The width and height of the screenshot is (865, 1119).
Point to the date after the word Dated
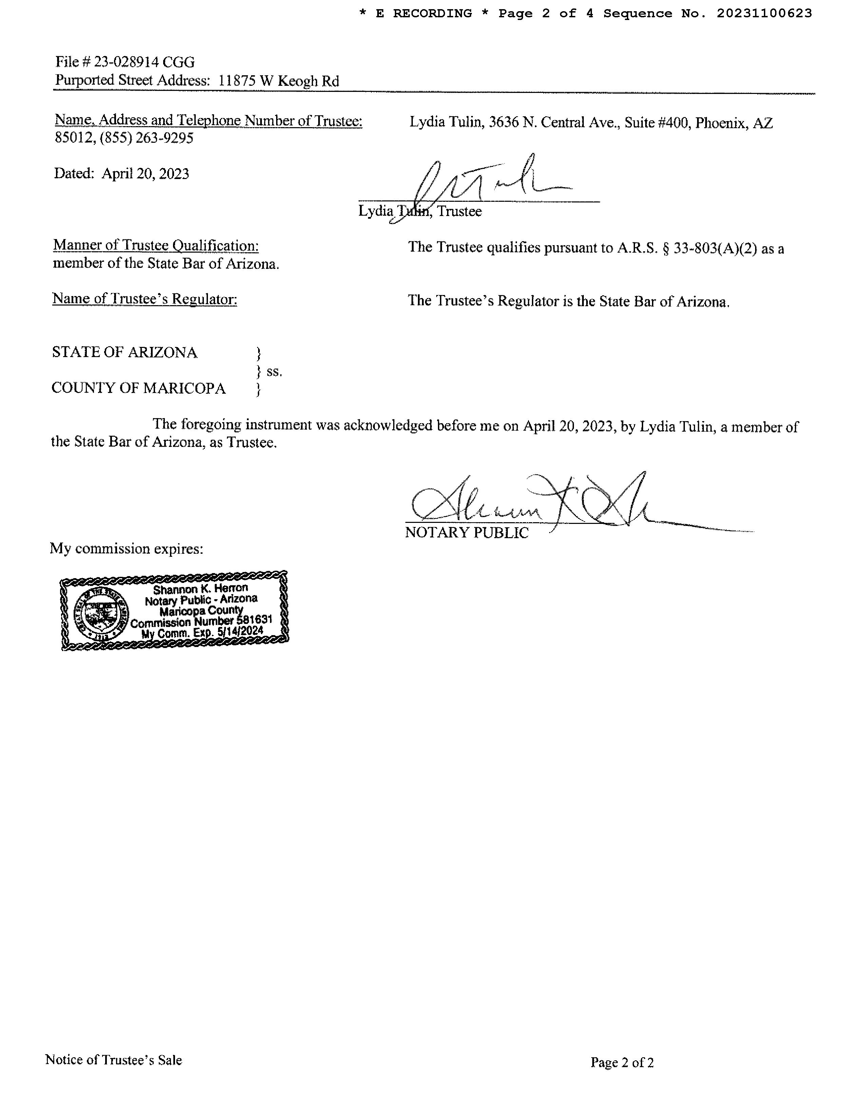[x=145, y=174]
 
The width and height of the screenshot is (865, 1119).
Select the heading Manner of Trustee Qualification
[x=156, y=246]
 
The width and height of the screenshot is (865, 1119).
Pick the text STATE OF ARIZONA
[x=124, y=353]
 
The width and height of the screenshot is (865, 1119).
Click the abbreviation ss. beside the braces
[x=274, y=371]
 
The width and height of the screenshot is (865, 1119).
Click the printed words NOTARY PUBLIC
[x=466, y=533]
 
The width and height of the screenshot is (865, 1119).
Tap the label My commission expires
[x=127, y=549]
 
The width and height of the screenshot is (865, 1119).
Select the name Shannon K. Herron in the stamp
[x=200, y=589]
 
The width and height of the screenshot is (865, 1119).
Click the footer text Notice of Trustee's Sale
[x=114, y=1060]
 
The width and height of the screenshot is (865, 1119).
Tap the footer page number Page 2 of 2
[x=621, y=1063]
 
